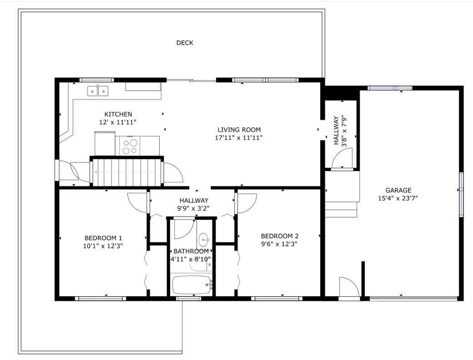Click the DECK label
pyautogui.click(x=185, y=43)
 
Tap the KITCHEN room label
pyautogui.click(x=118, y=114)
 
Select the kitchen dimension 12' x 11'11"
pyautogui.click(x=118, y=122)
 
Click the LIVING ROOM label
pyautogui.click(x=239, y=130)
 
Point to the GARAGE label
pyautogui.click(x=398, y=190)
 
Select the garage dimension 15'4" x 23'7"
pyautogui.click(x=398, y=198)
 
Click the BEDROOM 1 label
pyautogui.click(x=103, y=238)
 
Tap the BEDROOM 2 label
pyautogui.click(x=280, y=236)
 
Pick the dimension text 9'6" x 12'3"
pyautogui.click(x=279, y=244)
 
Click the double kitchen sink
pyautogui.click(x=98, y=91)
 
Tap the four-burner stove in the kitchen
pyautogui.click(x=130, y=146)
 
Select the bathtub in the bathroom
pyautogui.click(x=191, y=285)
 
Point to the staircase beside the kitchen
pyautogui.click(x=127, y=172)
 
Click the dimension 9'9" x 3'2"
pyautogui.click(x=193, y=208)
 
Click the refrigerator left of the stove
pyautogui.click(x=105, y=144)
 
